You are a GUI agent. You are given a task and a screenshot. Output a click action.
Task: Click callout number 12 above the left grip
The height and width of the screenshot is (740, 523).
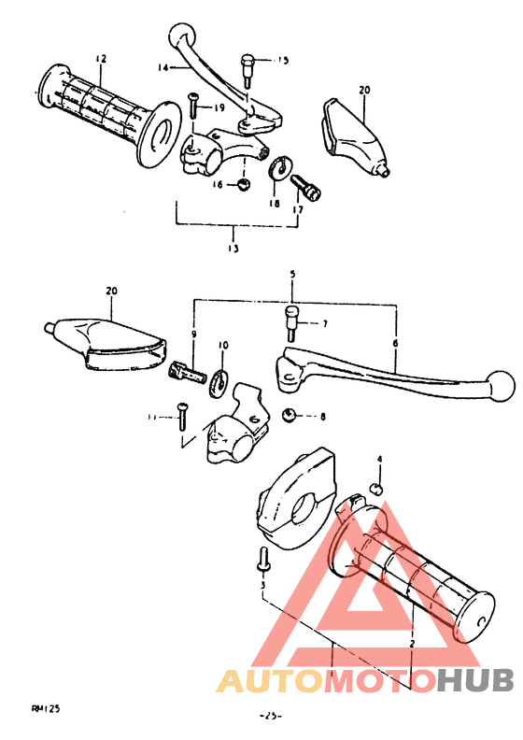pos(101,59)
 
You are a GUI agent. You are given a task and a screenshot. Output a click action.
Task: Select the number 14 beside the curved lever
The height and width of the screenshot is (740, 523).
pos(163,67)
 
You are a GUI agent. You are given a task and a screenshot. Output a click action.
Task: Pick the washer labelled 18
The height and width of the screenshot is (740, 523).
pos(277,168)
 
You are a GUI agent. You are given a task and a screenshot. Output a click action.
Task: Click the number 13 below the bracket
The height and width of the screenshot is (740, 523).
pos(233,249)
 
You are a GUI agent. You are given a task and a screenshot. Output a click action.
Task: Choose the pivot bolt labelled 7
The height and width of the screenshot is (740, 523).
pos(291,321)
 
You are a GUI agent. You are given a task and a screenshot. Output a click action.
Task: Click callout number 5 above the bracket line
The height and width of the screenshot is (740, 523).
pos(292,274)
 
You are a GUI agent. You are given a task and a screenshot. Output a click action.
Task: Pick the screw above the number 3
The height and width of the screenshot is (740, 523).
pos(262,562)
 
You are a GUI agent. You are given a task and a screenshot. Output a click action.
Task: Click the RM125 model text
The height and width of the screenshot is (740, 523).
pos(46,709)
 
